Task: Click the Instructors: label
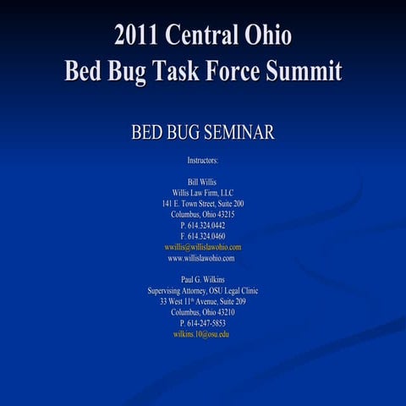(203, 159)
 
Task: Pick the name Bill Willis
(203, 182)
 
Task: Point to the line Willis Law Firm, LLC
(203, 193)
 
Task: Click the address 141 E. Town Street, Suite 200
(203, 204)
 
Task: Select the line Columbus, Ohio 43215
(203, 215)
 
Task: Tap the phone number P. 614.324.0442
(203, 226)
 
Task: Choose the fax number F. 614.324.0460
(203, 237)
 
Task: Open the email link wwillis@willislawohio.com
(203, 247)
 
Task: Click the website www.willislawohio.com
(203, 258)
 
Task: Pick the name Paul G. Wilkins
(203, 279)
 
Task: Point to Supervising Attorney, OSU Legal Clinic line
(203, 290)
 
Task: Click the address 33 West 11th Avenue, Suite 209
(203, 301)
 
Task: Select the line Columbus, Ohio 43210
(203, 312)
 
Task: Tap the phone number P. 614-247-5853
(203, 323)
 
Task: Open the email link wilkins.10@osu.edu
(203, 334)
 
